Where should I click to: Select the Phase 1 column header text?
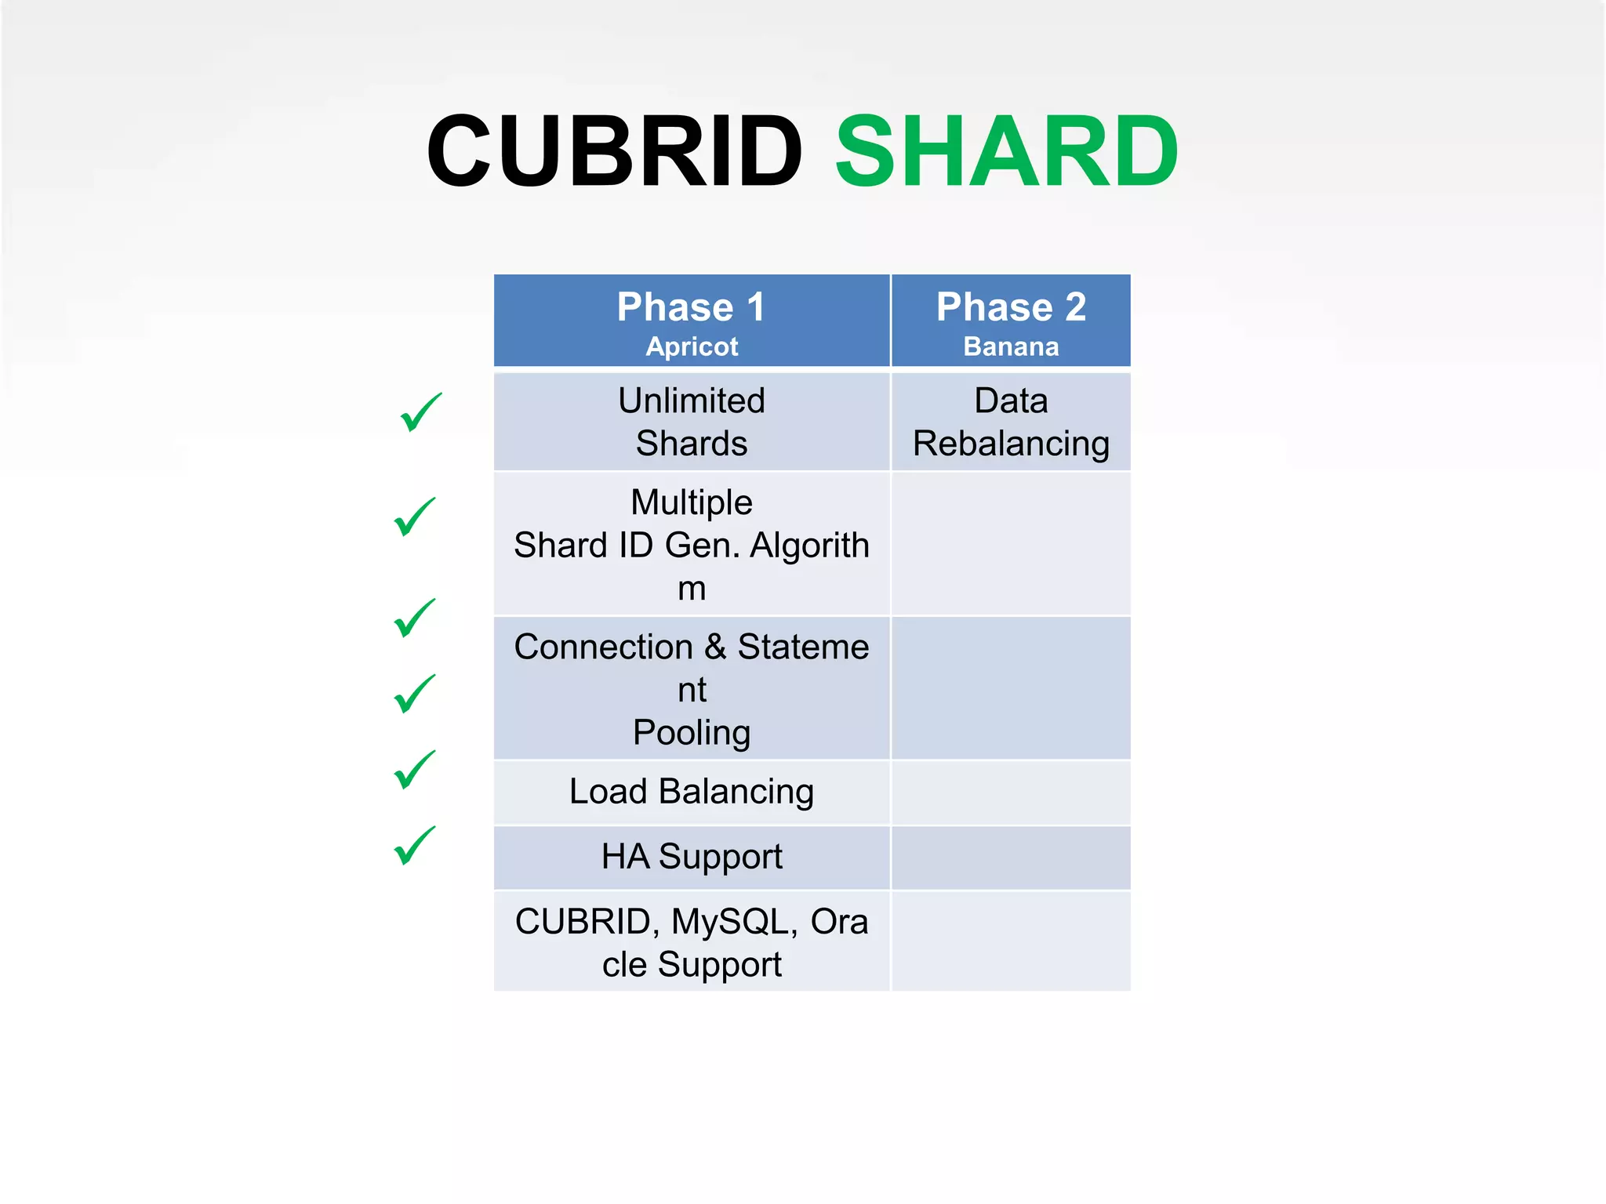(691, 306)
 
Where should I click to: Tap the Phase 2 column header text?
(1011, 306)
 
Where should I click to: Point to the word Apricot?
(692, 346)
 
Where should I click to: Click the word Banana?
(1011, 346)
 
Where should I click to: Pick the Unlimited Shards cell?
(692, 422)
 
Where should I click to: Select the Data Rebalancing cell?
(1011, 422)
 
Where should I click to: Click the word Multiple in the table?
(692, 502)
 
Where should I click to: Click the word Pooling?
(692, 733)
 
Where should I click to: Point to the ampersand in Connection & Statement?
(715, 647)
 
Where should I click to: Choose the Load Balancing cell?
(692, 792)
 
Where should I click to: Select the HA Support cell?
(692, 857)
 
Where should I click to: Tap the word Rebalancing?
(1011, 444)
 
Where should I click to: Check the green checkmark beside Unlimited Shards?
(421, 412)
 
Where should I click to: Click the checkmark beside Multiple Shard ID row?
(415, 517)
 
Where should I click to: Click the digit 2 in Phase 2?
(1075, 306)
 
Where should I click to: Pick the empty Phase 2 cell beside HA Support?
(1011, 858)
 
